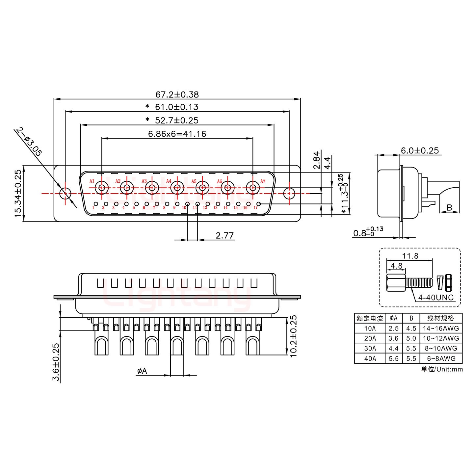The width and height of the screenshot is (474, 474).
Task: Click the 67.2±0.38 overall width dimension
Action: click(177, 94)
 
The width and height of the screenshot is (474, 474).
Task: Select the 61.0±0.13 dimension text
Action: click(176, 107)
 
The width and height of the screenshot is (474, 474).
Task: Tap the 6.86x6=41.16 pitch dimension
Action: click(177, 134)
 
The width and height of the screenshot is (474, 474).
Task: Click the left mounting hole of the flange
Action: click(65, 193)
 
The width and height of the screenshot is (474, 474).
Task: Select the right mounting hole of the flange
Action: click(289, 193)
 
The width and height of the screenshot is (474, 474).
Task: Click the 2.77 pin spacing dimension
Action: click(224, 235)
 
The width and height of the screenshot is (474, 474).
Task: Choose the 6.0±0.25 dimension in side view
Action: click(419, 151)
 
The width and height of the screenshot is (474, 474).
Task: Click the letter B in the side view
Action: click(449, 208)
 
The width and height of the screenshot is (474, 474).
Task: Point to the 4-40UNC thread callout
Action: click(435, 298)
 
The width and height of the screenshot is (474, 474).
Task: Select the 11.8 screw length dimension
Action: click(410, 256)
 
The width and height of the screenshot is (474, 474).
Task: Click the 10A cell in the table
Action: click(370, 329)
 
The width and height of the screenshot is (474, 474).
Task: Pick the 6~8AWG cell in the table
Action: click(441, 358)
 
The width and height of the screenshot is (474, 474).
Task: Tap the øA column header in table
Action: click(393, 318)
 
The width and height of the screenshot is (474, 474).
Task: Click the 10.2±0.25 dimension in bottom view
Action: click(293, 336)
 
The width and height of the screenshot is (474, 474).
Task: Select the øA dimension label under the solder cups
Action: click(142, 371)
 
